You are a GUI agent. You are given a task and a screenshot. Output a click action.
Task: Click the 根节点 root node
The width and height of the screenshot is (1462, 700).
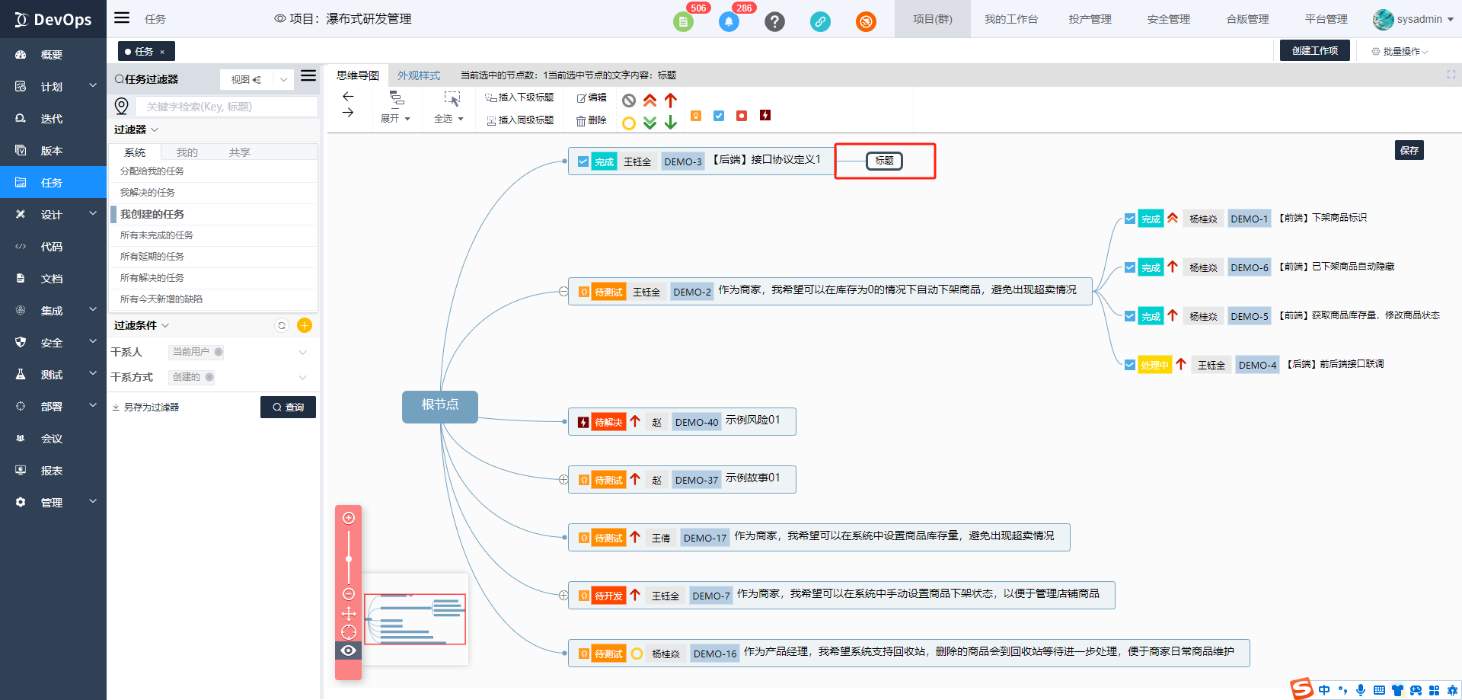click(x=439, y=405)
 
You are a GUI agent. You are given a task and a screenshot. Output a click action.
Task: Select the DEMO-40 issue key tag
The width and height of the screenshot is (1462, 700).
click(x=696, y=422)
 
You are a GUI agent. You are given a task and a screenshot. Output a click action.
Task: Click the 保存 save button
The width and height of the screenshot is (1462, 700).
click(x=1409, y=150)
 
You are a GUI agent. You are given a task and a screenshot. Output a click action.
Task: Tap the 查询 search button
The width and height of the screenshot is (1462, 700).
click(x=288, y=408)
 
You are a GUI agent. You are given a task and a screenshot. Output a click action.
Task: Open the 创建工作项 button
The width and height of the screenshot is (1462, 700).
click(x=1314, y=50)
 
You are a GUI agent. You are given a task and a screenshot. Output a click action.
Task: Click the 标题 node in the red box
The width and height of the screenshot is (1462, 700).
click(x=884, y=161)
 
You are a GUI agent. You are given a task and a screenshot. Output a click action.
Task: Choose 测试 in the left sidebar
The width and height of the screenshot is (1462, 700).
click(x=52, y=375)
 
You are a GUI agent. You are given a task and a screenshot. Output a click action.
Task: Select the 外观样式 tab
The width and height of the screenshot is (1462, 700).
click(x=419, y=75)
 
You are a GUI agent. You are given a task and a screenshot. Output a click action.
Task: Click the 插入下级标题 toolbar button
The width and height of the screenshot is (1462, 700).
click(x=519, y=97)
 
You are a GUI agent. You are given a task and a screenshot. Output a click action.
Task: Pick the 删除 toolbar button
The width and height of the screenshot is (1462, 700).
click(x=591, y=120)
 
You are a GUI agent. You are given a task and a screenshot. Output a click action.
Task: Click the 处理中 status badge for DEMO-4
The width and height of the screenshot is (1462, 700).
click(x=1154, y=365)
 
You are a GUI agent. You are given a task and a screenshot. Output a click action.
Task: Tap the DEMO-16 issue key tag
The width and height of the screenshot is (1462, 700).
click(x=714, y=654)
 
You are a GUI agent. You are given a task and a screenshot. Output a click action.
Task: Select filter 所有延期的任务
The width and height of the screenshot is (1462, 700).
click(x=152, y=257)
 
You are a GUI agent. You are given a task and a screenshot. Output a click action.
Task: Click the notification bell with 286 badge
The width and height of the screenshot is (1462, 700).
click(x=729, y=21)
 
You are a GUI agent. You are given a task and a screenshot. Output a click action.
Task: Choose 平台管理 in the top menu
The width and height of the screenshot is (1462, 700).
click(x=1326, y=19)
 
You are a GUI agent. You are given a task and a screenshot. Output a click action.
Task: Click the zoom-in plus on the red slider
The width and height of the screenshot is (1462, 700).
click(x=349, y=518)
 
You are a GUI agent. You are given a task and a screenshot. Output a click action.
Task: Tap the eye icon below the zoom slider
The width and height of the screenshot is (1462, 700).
click(x=349, y=650)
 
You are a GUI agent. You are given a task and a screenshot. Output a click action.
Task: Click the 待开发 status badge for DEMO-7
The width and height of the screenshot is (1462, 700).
click(x=608, y=596)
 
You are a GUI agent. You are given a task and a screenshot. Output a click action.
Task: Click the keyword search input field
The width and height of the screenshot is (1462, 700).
click(x=227, y=107)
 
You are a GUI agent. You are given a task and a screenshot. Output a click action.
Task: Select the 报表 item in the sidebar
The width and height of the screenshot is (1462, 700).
click(x=52, y=471)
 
